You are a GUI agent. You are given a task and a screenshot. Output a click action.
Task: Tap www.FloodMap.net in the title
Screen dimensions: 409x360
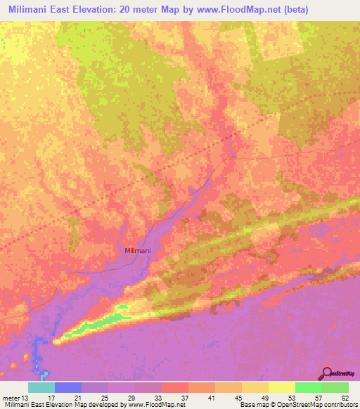point(231,10)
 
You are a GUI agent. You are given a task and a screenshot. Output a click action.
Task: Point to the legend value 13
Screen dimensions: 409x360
point(26,398)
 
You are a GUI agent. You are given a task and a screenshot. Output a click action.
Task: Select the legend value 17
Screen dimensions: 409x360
point(51,398)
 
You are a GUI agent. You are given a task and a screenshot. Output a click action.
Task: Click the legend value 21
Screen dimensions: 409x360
point(78,398)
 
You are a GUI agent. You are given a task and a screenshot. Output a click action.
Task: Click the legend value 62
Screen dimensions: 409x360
point(345,398)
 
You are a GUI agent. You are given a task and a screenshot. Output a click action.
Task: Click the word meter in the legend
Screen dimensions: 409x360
point(11,398)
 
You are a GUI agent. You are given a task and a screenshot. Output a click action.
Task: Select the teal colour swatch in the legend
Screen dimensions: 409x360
point(41,387)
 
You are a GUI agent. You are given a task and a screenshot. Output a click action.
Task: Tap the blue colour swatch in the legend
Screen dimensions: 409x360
point(67,387)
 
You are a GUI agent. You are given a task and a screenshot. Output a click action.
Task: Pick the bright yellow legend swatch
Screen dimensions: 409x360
point(281,387)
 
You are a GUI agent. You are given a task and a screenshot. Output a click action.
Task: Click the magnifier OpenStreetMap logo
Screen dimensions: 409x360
point(327,374)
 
